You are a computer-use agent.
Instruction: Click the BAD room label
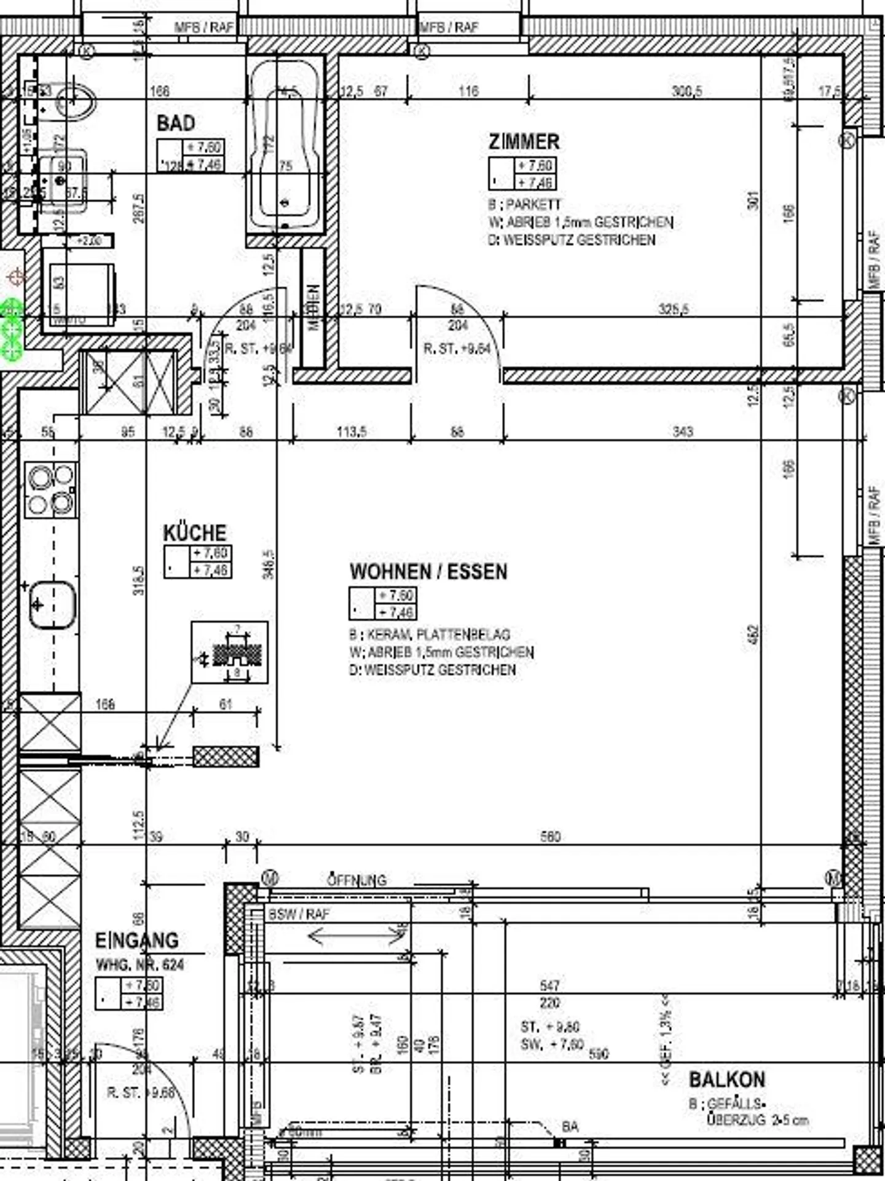click(x=176, y=124)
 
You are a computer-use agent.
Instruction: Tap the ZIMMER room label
click(x=524, y=142)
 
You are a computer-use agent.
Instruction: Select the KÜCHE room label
click(x=194, y=532)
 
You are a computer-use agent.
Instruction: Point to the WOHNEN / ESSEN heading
click(x=428, y=572)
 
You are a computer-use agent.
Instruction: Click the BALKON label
click(x=726, y=1079)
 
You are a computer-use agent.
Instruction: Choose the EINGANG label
click(x=136, y=941)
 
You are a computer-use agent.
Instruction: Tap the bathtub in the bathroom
click(x=285, y=148)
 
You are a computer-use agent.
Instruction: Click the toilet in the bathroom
click(x=75, y=102)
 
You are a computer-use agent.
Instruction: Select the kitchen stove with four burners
click(x=51, y=489)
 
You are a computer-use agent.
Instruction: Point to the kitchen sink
click(x=53, y=606)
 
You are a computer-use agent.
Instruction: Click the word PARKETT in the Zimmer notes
click(x=533, y=205)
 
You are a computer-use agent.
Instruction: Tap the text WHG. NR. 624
click(x=140, y=965)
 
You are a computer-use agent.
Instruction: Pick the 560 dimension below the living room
click(x=549, y=837)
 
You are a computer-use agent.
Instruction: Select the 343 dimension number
click(x=682, y=432)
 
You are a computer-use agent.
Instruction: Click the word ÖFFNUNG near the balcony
click(x=356, y=880)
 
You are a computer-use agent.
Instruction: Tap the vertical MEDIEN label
click(x=313, y=307)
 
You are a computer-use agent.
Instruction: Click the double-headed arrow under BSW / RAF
click(x=355, y=936)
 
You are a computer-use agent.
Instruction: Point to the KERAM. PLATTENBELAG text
click(x=438, y=634)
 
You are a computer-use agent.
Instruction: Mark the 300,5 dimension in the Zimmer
click(x=686, y=91)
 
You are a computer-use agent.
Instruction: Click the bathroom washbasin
click(x=61, y=181)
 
